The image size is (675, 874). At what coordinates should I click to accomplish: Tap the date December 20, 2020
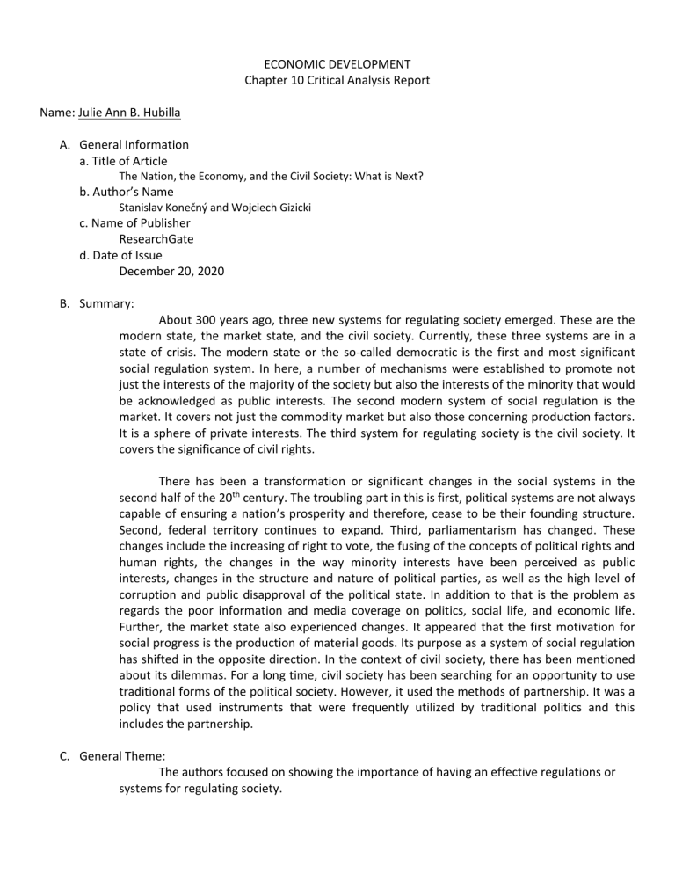coord(171,271)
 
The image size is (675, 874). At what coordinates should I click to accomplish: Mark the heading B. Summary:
coord(97,303)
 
